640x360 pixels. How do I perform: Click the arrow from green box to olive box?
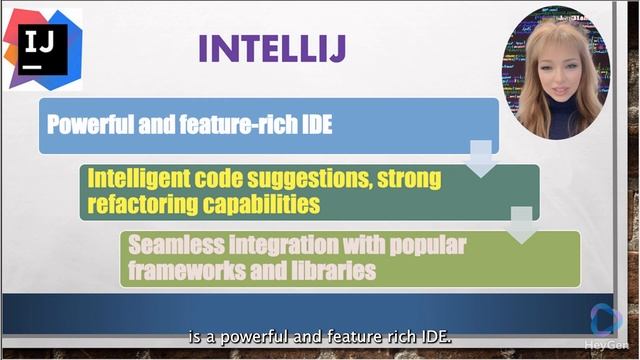click(x=521, y=226)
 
